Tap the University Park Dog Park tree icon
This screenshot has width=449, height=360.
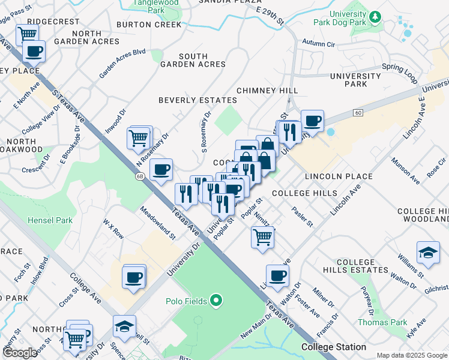pos(375,16)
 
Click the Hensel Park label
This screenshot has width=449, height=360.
pos(50,220)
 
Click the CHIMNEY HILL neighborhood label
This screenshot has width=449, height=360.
pos(267,90)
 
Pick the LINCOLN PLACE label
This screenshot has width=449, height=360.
pos(338,176)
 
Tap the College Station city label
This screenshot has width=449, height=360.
pos(334,347)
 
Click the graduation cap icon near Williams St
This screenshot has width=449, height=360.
pos(428,253)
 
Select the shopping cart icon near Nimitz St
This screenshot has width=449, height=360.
pos(262,237)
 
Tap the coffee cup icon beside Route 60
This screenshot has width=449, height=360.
pos(312,121)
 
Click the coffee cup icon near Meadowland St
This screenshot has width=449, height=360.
pos(160,170)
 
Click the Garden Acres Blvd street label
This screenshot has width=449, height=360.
pos(122,63)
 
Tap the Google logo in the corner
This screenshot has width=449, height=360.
pos(20,353)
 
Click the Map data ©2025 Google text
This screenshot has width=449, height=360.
pos(411,355)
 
